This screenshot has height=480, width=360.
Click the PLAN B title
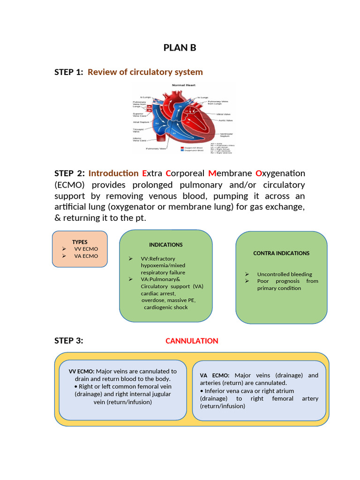point(180,48)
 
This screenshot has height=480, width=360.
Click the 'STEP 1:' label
point(68,72)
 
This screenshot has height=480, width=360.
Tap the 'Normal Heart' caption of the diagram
point(184,85)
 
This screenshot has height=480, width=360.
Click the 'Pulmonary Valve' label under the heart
point(156,149)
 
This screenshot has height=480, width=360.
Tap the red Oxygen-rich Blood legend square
point(182,148)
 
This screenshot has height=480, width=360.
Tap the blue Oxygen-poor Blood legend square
point(182,151)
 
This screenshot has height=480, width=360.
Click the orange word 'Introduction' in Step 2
point(113,173)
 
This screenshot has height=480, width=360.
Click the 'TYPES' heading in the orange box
point(80,242)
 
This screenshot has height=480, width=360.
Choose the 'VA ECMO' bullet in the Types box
point(86,256)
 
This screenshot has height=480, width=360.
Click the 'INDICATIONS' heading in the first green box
point(166,245)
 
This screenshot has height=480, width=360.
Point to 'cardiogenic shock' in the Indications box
point(165,307)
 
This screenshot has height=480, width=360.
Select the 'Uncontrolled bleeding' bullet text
point(285,274)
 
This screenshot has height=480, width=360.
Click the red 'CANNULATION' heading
point(192,341)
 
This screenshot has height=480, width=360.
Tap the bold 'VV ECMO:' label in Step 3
point(82,371)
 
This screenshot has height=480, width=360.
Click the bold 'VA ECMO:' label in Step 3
point(214,375)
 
